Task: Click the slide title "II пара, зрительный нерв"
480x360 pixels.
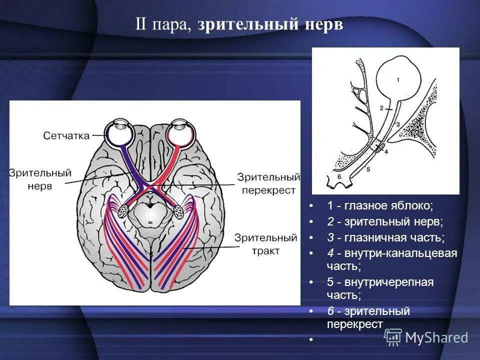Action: click(239, 25)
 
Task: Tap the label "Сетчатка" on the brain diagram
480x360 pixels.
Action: click(66, 135)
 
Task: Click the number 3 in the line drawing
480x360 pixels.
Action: click(397, 123)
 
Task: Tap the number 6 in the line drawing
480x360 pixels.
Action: click(338, 176)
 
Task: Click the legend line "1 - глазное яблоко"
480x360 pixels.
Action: click(380, 205)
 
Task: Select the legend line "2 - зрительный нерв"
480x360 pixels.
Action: click(385, 221)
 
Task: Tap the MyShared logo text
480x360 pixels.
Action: click(436, 337)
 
